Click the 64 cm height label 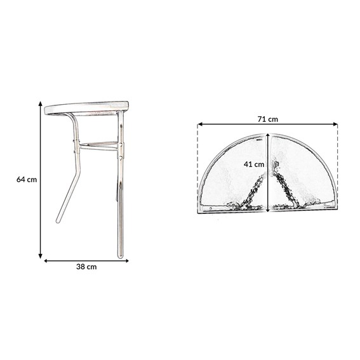27,179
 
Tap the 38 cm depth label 86,267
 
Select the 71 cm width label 268,119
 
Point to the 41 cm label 254,164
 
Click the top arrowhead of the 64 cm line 41,103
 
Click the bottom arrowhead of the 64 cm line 41,256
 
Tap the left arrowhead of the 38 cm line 46,261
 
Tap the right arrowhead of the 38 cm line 126,261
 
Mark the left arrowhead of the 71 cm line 200,124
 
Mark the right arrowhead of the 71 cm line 335,124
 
